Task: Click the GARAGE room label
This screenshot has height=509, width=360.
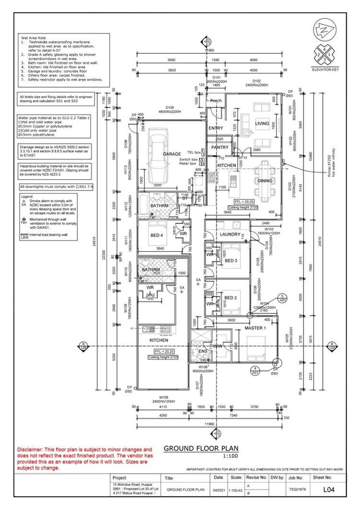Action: tap(171, 154)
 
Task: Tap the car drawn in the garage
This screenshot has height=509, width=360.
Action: tap(158, 154)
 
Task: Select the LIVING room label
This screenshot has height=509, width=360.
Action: tap(262, 123)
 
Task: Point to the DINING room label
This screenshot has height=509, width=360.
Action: tap(265, 181)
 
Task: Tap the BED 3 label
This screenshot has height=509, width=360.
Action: tap(231, 261)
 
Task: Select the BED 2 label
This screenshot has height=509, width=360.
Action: tap(231, 298)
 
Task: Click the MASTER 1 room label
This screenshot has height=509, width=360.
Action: tap(255, 328)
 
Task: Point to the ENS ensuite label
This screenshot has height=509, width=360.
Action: tap(203, 351)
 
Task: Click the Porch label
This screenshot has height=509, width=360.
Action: tap(216, 101)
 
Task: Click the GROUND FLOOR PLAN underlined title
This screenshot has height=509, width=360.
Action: tap(198, 449)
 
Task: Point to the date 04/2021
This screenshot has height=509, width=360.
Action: tap(218, 491)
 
